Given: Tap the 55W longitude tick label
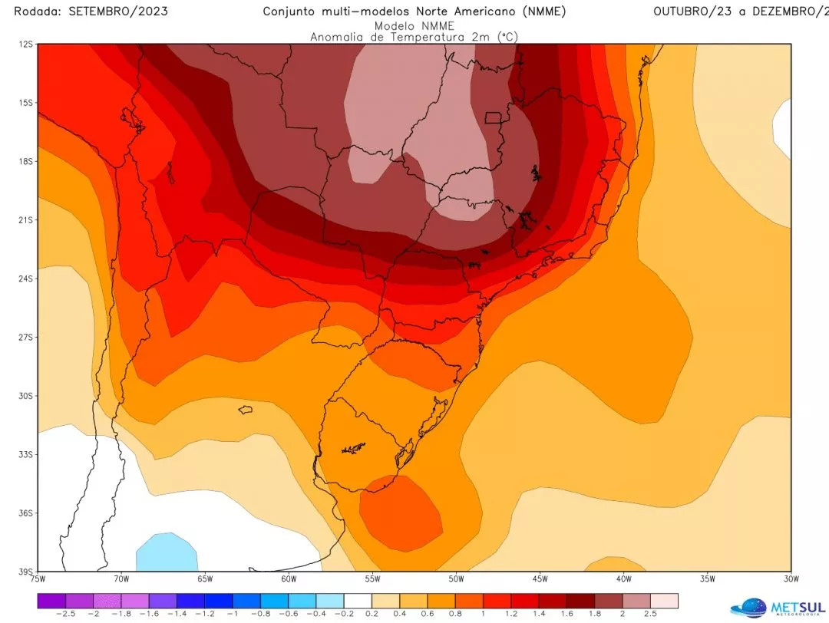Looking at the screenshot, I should [x=372, y=578].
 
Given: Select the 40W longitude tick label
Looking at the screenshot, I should [x=623, y=578].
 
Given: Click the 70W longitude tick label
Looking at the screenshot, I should [x=121, y=578].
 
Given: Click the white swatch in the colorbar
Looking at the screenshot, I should [x=358, y=600].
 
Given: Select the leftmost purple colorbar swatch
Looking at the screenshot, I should [x=51, y=600].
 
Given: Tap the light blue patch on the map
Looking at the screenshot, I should [x=167, y=551].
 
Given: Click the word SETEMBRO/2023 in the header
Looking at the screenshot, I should [x=118, y=12].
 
